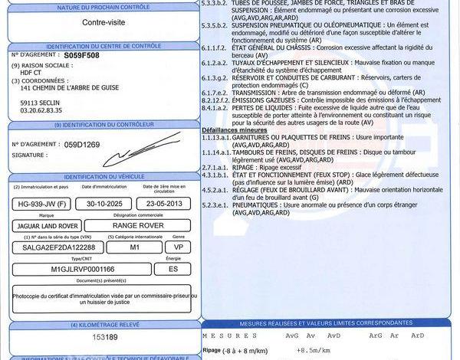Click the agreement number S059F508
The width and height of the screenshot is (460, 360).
coord(82,56)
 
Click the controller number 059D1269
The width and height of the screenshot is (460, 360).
coord(83,143)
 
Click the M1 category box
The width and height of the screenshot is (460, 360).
coord(135,247)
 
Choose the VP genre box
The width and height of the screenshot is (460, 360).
coord(178,247)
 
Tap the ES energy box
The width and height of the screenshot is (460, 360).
coord(173,269)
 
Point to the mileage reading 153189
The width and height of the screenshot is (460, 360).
coord(104,337)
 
